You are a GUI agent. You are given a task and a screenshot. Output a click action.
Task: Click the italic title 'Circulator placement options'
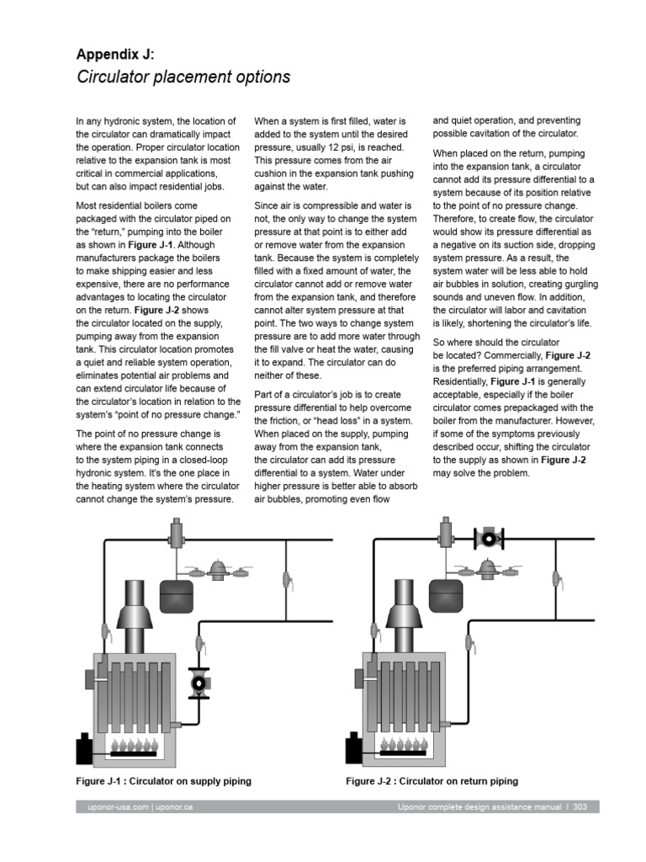pos(183,77)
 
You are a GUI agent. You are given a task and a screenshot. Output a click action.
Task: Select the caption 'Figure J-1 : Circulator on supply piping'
pos(163,781)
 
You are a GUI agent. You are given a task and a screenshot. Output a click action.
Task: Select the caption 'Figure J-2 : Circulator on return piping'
pos(432,781)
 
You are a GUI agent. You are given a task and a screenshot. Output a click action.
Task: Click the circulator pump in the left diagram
pos(200,682)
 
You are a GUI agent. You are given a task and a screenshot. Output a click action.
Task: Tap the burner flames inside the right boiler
pos(404,744)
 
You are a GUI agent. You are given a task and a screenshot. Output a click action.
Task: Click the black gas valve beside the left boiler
pos(86,748)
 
